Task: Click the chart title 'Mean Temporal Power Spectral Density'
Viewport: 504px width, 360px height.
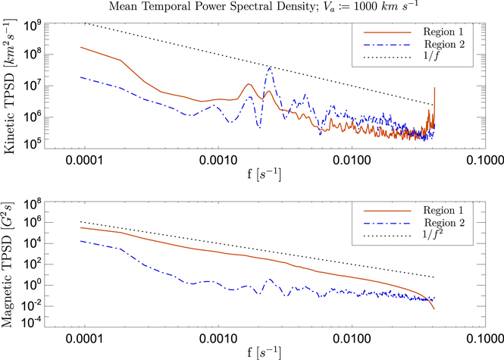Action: [x=251, y=8]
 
